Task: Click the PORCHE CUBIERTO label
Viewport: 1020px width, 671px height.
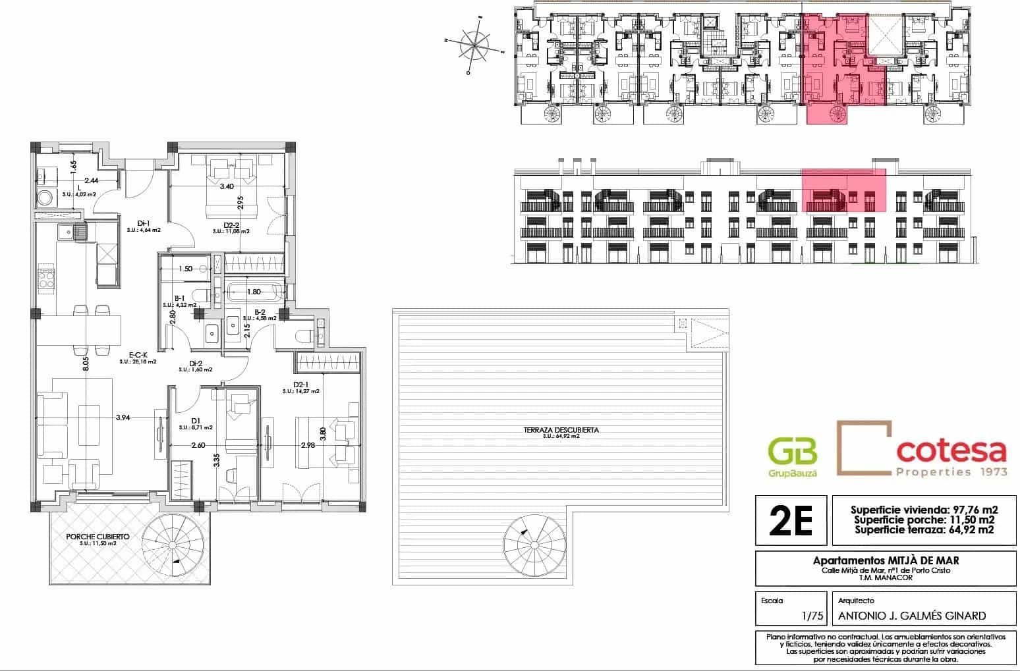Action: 97,537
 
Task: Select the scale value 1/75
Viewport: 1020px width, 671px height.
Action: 807,616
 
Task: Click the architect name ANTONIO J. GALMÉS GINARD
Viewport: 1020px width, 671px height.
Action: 912,616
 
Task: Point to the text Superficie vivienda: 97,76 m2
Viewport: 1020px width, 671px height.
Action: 924,510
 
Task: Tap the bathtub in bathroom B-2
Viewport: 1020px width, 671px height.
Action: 254,292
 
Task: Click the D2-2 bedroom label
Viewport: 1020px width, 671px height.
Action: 231,225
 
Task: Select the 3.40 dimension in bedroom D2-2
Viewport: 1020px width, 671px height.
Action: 227,186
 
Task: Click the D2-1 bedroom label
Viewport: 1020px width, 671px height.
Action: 300,385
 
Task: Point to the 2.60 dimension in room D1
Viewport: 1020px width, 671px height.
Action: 198,446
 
